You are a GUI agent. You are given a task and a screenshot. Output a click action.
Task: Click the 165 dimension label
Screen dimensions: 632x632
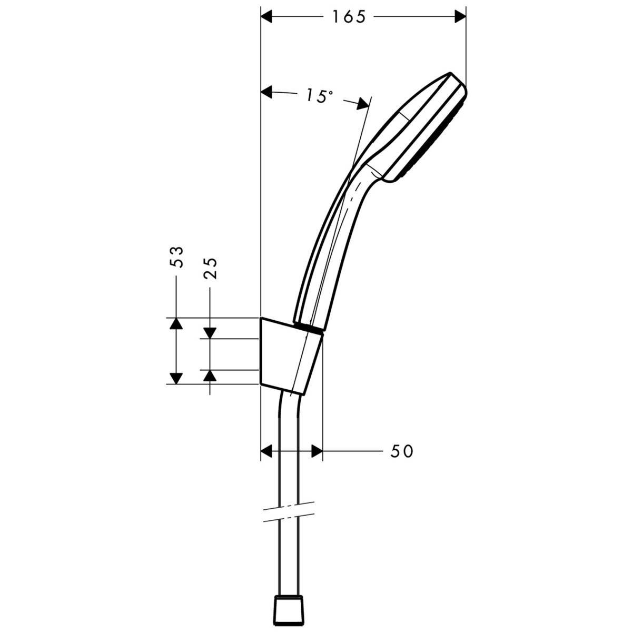point(348,17)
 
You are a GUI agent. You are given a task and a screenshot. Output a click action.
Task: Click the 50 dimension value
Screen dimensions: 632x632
point(402,451)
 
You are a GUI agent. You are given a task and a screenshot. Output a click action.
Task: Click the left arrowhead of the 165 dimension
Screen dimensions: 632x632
point(269,17)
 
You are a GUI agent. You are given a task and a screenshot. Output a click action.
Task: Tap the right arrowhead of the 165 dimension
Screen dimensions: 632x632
point(460,17)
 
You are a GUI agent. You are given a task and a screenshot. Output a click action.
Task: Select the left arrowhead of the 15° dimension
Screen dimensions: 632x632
point(269,93)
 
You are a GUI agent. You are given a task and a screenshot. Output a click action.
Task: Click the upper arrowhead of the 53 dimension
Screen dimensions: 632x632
point(176,324)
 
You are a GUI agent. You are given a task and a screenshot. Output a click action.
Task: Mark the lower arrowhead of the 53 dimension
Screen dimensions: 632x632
point(176,378)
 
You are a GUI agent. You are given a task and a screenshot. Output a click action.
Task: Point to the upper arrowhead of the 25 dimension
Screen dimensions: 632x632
point(210,332)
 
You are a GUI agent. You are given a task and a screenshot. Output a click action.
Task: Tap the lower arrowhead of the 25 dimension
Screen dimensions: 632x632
point(210,375)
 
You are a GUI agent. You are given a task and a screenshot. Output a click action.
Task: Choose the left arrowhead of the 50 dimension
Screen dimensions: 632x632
point(269,451)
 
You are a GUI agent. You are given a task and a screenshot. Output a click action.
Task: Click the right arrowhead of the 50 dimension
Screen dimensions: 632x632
point(315,451)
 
